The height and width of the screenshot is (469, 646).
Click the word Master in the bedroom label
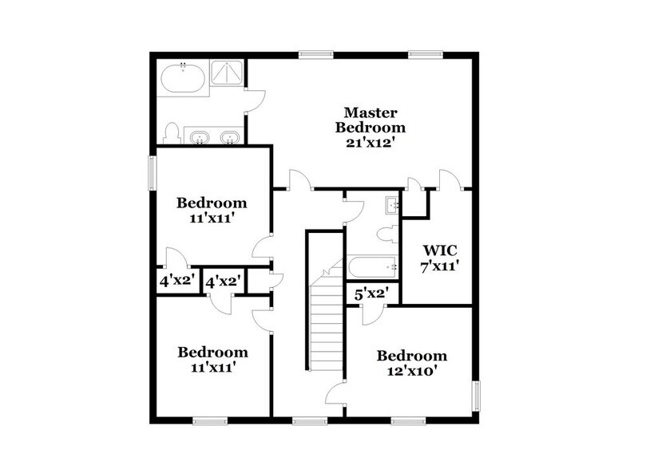tap(370, 112)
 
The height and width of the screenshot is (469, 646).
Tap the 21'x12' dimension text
tap(370, 143)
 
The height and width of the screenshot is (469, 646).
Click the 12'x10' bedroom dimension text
tap(412, 371)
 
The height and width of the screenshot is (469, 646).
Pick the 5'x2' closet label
tap(371, 294)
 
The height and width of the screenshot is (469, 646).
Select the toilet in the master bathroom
tap(169, 132)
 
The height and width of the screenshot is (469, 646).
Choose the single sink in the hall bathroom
tap(392, 205)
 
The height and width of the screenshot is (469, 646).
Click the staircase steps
tap(325, 319)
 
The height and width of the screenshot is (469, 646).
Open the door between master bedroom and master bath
tap(254, 99)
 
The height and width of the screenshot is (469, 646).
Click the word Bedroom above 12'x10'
tap(412, 356)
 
